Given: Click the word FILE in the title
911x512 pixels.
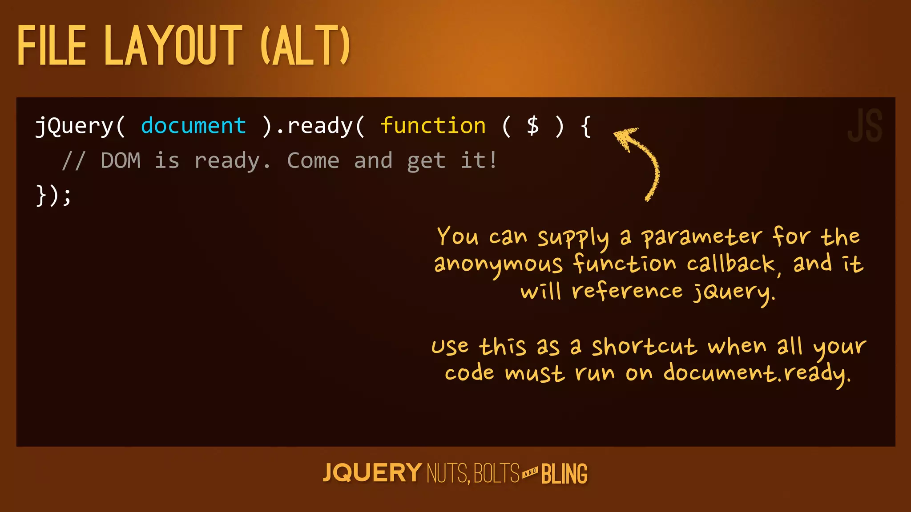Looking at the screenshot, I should point(52,45).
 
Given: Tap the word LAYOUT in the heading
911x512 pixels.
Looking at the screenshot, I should point(173,45).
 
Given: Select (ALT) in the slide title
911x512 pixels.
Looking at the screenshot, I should point(306,45).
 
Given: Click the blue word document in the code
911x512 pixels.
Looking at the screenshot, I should point(193,126).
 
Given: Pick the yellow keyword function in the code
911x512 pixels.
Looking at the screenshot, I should point(433,126).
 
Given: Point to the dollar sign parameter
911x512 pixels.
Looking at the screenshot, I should point(532,126).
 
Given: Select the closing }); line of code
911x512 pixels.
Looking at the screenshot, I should point(53,195).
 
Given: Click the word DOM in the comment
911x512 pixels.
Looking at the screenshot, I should point(121,160).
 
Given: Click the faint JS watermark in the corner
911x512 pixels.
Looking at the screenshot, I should point(864,127).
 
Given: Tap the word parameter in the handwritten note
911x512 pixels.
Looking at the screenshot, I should point(701,237).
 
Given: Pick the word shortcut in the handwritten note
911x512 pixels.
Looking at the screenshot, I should point(644,347).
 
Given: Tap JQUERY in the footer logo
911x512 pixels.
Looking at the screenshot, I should point(372,472).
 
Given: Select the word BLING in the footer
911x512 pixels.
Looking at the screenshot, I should point(564,474).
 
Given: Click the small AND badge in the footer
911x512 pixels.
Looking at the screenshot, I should point(530,472).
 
